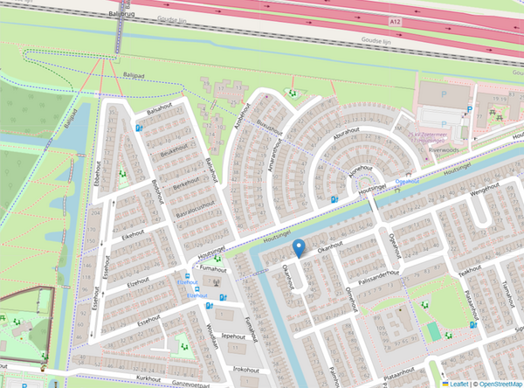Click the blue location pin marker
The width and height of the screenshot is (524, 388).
click(299, 247)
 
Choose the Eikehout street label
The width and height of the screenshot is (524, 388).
click(133, 235)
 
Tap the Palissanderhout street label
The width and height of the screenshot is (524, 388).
click(376, 274)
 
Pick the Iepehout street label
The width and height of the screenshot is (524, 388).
click(231, 335)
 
